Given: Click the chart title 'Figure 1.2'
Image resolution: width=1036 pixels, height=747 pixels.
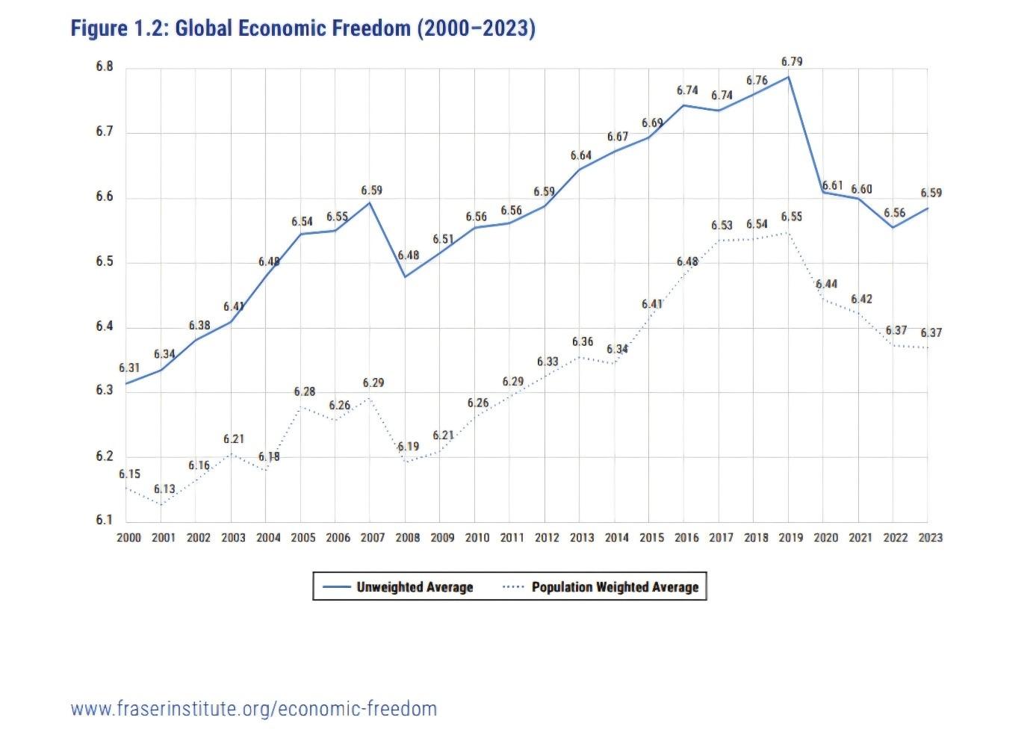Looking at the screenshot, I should (303, 28).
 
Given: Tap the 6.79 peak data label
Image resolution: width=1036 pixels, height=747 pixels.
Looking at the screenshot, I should (791, 61).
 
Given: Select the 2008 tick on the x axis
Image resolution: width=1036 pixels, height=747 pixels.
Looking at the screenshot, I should (408, 537).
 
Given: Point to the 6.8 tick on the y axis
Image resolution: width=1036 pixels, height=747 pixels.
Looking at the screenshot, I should (105, 66).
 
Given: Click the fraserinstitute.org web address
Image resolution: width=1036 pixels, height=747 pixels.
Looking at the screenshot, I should (254, 708).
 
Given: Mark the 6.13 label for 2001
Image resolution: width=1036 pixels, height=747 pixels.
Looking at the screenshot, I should (164, 489).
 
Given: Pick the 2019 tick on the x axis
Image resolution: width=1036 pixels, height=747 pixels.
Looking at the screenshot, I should (791, 537).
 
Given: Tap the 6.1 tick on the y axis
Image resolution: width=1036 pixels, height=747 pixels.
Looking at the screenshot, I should (105, 521).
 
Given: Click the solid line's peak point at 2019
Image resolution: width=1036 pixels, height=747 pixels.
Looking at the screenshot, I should (789, 77).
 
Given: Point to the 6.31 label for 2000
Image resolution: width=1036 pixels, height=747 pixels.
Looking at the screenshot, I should (129, 368).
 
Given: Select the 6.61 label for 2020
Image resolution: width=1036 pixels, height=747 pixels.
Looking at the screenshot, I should (832, 185).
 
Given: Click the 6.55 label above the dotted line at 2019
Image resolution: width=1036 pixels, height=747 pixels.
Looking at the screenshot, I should (791, 217).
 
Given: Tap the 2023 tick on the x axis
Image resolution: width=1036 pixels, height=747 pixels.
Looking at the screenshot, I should (931, 537).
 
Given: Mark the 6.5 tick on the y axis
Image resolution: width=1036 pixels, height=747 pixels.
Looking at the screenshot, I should (105, 261).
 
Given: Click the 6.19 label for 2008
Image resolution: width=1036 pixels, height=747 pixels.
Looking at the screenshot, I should (408, 447).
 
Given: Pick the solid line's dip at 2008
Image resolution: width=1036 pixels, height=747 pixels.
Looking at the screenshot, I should (405, 277).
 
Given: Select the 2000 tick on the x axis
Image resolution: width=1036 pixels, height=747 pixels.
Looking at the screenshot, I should (129, 537).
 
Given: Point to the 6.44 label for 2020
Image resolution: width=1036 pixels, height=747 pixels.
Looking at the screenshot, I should (826, 284).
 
